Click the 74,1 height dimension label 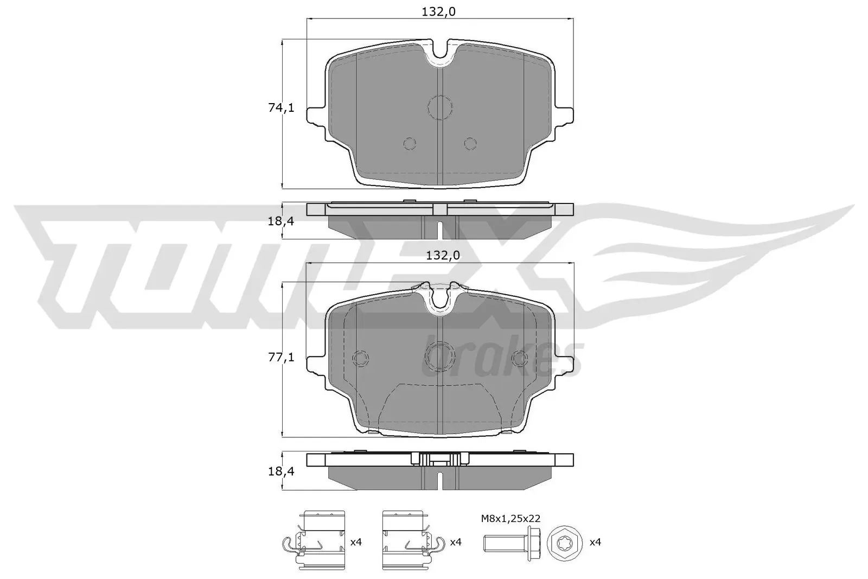pos(281,108)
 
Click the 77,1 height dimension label pos(281,357)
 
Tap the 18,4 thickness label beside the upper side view pos(281,221)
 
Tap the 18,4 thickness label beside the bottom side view pos(281,471)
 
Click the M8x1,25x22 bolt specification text pos(510,519)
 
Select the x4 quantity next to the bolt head pos(595,542)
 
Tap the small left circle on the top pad pos(410,143)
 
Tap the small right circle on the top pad pos(470,143)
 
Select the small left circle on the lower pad pos(360,358)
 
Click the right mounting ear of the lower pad pos(564,365)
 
